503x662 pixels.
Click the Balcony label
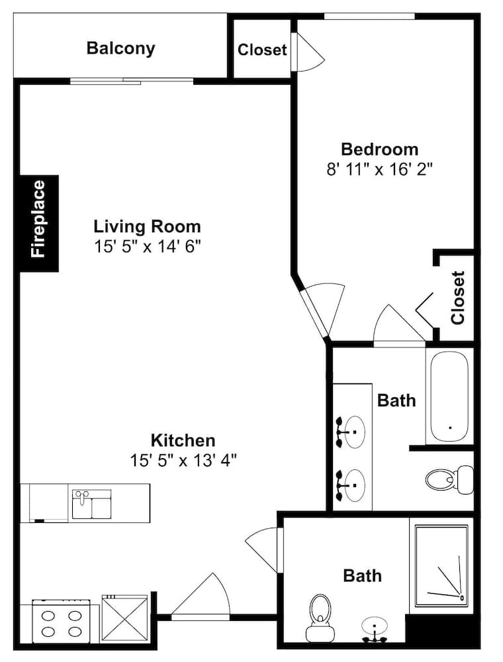tap(120, 48)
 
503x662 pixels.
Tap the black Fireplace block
tap(39, 223)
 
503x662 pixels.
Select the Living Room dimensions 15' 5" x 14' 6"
tap(147, 246)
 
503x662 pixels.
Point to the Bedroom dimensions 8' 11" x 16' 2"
tap(380, 169)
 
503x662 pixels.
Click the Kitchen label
tap(183, 440)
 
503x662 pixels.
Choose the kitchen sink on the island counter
tap(91, 504)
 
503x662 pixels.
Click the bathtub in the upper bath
tap(449, 396)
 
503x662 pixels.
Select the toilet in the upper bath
tap(449, 480)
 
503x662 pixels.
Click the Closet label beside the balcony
tap(262, 50)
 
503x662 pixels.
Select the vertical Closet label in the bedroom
tap(458, 298)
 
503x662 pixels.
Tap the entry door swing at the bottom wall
tap(201, 596)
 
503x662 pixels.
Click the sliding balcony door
tap(132, 81)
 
